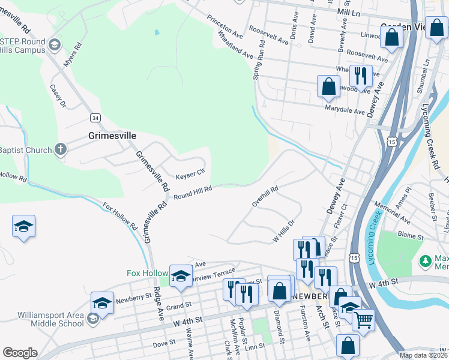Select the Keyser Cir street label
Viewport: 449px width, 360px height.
[190, 176]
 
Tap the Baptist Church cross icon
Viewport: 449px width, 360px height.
[60, 149]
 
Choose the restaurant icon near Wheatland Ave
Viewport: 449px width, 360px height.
[360, 75]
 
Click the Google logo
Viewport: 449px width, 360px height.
[19, 353]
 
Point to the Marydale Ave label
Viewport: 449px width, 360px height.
[345, 112]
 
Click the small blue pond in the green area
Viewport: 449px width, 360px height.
[157, 32]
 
